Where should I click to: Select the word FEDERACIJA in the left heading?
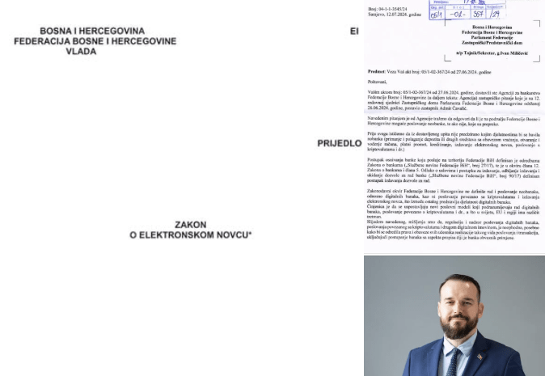[40, 40]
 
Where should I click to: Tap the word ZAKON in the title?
[190, 225]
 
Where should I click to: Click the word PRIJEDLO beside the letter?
[339, 143]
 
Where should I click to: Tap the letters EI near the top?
[354, 31]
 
